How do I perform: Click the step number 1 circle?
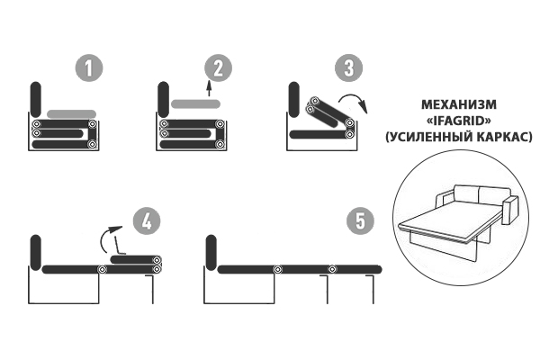click(89, 67)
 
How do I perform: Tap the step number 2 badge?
click(219, 67)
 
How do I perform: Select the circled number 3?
click(349, 67)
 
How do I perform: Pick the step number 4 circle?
click(147, 220)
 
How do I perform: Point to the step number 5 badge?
click(361, 220)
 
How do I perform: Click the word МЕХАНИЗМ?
click(459, 104)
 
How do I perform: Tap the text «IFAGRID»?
click(459, 121)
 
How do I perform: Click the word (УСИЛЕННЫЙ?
click(429, 137)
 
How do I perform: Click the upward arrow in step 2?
click(209, 89)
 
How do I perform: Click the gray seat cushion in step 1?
click(72, 114)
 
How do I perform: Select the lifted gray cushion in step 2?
click(195, 103)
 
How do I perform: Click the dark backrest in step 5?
click(211, 253)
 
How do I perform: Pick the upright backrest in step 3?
click(294, 99)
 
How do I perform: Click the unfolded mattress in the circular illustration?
click(446, 225)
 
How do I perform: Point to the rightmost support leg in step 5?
click(371, 290)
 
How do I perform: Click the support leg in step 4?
click(151, 290)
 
